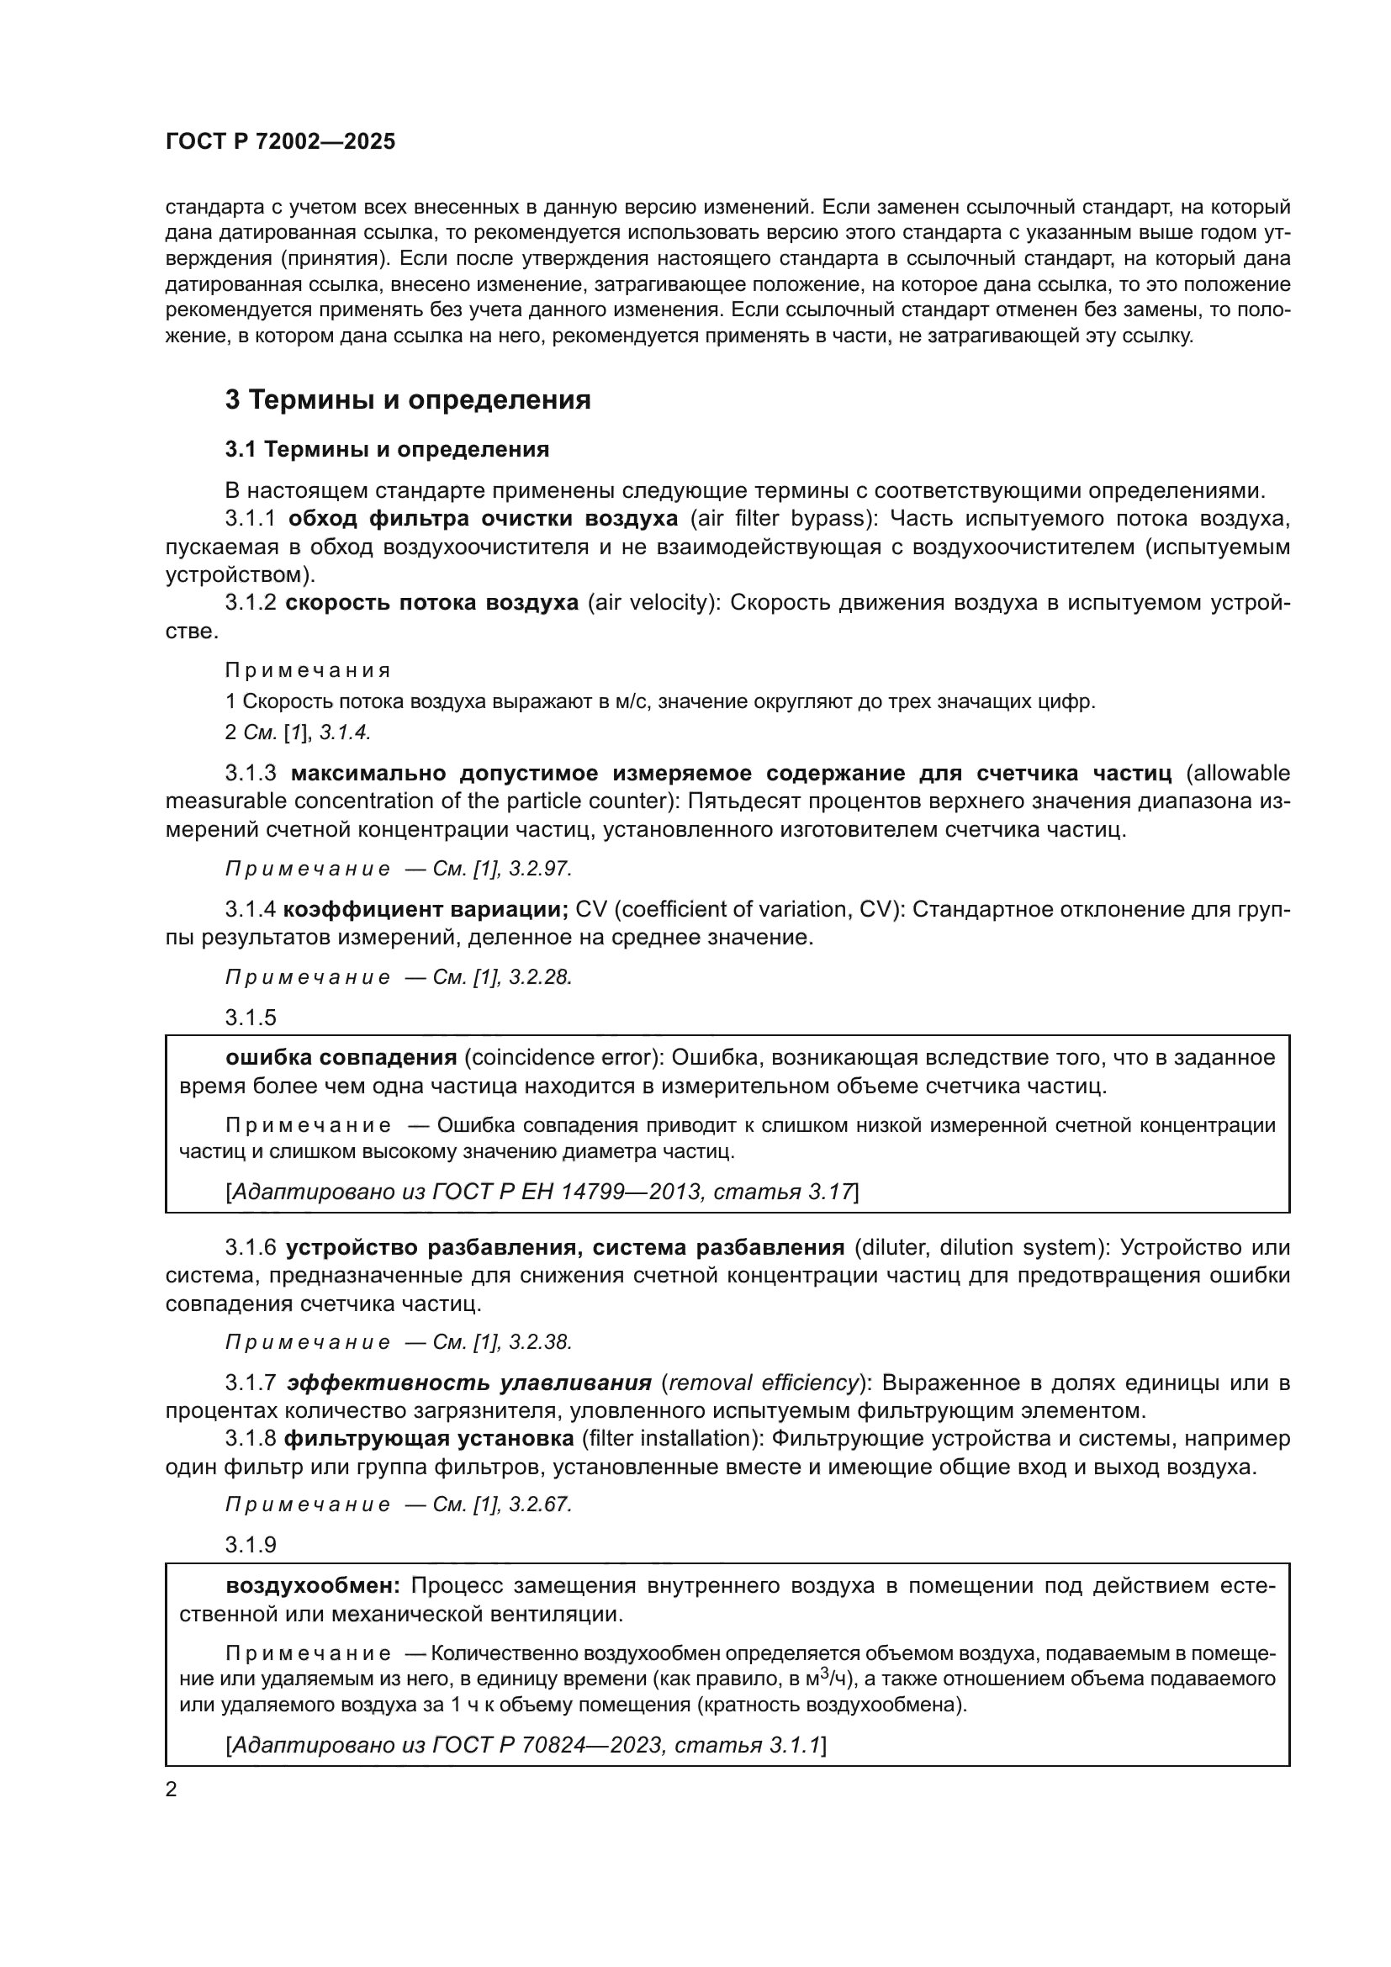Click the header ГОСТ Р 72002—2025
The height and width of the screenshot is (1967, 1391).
[280, 141]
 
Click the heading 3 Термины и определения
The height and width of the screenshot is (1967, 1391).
[408, 400]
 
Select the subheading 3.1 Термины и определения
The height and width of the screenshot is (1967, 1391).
[387, 449]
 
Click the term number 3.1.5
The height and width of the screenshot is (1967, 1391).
[251, 1017]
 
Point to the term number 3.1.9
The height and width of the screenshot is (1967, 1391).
[251, 1545]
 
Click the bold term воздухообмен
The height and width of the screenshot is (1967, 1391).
[314, 1586]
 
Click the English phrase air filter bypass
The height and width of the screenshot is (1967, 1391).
[782, 518]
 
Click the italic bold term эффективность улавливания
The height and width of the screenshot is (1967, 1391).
[468, 1383]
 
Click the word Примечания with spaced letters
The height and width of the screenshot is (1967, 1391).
[308, 670]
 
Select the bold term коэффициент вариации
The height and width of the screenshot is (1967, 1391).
[426, 909]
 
